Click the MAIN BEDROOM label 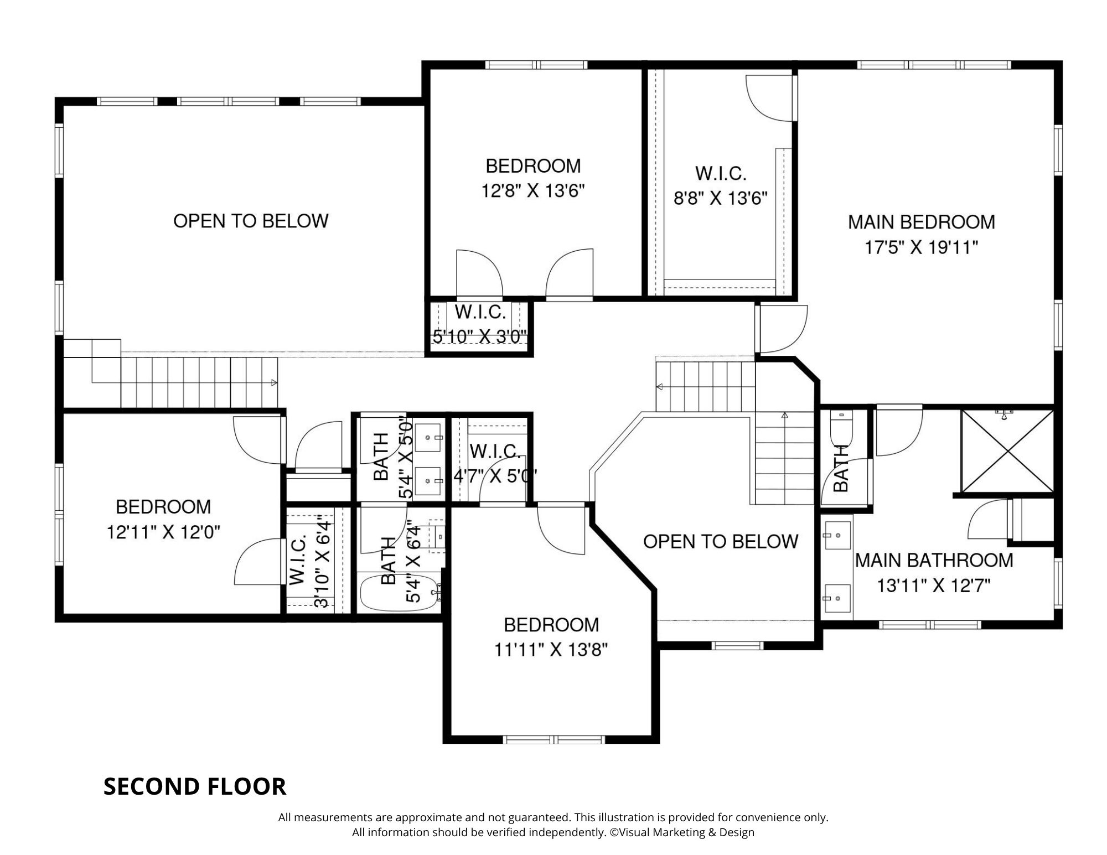[921, 222]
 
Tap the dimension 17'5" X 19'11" [921, 247]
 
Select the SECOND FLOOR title [195, 786]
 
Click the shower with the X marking [1007, 451]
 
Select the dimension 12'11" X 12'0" [163, 532]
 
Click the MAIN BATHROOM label [934, 561]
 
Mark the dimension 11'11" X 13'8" [551, 650]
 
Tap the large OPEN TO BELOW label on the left [251, 221]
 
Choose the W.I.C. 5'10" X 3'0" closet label [480, 324]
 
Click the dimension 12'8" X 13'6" [533, 191]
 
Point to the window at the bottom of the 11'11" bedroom [553, 739]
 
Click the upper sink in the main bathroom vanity [837, 535]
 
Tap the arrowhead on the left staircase [275, 382]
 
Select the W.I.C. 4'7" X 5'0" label [494, 464]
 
